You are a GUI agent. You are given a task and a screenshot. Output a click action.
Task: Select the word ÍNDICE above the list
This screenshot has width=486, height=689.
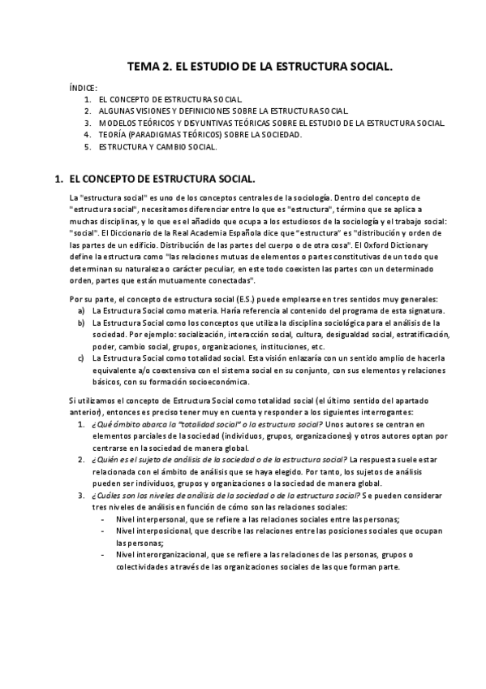(x=84, y=86)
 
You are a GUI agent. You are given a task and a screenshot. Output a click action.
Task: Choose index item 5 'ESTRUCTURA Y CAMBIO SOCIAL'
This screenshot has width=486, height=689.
(x=157, y=147)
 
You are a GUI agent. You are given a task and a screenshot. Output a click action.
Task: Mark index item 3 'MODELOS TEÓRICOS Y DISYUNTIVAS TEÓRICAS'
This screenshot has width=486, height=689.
(x=269, y=123)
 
